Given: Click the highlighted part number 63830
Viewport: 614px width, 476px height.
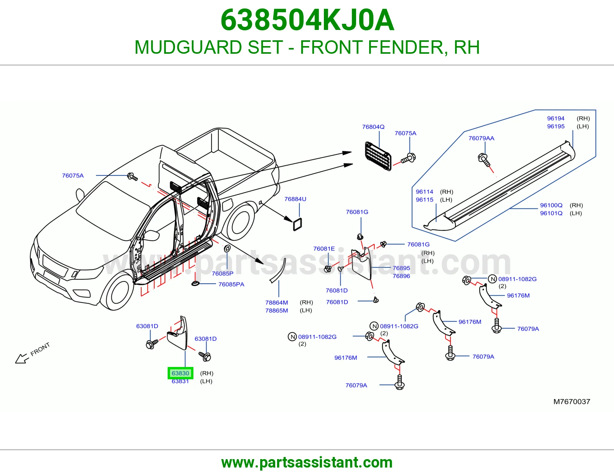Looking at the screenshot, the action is (x=180, y=373).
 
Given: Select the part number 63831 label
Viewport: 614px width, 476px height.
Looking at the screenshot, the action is (x=180, y=381).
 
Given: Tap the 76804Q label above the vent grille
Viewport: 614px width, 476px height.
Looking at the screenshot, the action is (x=373, y=127).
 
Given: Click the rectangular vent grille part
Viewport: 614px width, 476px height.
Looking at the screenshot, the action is (x=378, y=156).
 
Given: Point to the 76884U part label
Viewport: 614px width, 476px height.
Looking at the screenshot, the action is (x=295, y=199).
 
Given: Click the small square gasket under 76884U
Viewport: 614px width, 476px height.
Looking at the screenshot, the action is (x=297, y=225).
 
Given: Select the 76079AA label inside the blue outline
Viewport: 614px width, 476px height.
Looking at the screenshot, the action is (x=482, y=138).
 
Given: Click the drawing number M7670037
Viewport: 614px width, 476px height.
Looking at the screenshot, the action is (x=572, y=402).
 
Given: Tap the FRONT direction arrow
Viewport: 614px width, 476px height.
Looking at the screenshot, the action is (x=22, y=359).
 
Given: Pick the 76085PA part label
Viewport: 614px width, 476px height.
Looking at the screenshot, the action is (x=231, y=284).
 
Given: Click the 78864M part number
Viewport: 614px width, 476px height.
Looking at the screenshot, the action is (x=277, y=302).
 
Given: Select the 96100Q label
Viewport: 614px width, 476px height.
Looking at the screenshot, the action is (x=551, y=205).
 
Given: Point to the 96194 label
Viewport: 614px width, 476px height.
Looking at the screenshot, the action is (x=556, y=119).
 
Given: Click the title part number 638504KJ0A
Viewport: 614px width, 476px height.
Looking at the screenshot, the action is (x=307, y=20).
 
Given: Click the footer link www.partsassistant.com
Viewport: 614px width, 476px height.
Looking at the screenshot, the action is (x=307, y=463).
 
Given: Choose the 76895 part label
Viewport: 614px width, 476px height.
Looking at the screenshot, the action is (x=401, y=268).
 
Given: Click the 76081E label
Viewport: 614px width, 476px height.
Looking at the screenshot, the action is (x=324, y=249).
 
